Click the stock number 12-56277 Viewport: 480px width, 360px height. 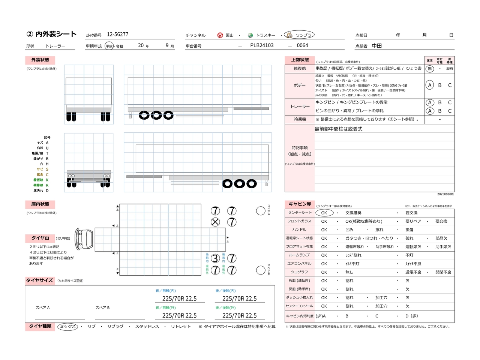coord(117,34)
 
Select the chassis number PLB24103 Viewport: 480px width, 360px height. coord(262,45)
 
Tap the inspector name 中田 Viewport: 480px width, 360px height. coord(377,46)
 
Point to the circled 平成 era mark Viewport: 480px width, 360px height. coord(109,46)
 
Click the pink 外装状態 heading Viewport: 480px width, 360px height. coord(40,60)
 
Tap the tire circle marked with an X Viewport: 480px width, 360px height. coord(215,222)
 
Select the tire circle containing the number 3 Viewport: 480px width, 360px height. coord(215,258)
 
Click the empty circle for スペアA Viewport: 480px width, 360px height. coord(261,211)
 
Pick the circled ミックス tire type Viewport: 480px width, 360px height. coord(68,327)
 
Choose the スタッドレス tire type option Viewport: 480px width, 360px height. coord(147,327)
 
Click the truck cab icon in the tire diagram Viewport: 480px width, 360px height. coord(84,239)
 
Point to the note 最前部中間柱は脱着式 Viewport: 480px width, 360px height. coord(338,129)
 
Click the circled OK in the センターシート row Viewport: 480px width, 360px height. coord(324,213)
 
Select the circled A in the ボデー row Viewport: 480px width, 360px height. coord(430,85)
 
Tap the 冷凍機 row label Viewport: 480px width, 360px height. coord(300,119)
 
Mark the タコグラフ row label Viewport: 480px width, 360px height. coord(299,272)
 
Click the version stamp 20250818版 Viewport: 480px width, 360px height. coord(445,194)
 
